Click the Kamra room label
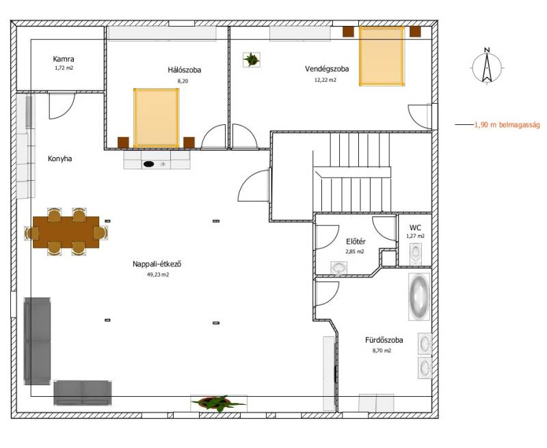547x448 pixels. [x=64, y=59]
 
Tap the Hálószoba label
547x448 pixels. [x=184, y=70]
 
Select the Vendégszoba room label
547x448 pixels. [x=327, y=69]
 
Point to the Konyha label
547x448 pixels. [x=60, y=159]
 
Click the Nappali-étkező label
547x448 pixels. [x=157, y=264]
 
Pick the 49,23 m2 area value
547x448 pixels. [x=158, y=275]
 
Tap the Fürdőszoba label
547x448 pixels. [x=384, y=340]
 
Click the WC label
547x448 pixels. [x=415, y=228]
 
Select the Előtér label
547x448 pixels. [x=356, y=242]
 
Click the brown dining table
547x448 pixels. [x=66, y=232]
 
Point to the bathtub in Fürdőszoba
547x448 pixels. [x=419, y=297]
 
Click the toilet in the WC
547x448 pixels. [x=416, y=253]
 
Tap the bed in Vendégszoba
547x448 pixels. [x=382, y=56]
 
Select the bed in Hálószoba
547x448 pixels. [x=157, y=118]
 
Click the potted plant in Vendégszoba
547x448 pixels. [x=251, y=59]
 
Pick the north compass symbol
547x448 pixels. [x=487, y=66]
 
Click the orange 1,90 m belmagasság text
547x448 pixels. [x=507, y=125]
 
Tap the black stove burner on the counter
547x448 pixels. [x=148, y=164]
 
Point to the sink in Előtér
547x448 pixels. [x=338, y=268]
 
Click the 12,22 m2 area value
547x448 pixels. [x=325, y=80]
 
